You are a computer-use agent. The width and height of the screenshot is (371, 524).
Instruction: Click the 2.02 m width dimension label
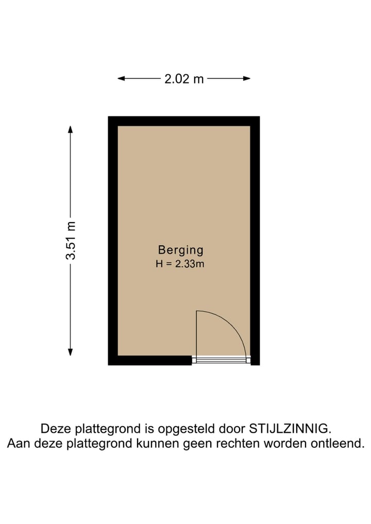click(184, 79)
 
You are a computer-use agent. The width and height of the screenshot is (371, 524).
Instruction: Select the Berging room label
click(180, 250)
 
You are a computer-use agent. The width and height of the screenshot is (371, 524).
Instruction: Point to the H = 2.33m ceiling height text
click(180, 264)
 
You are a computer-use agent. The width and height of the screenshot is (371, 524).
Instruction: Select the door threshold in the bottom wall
click(221, 360)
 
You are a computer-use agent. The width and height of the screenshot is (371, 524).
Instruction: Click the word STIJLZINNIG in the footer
click(290, 428)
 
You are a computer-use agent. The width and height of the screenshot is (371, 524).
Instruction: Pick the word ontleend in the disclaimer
click(339, 443)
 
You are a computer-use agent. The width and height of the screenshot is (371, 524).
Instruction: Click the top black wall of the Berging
click(183, 121)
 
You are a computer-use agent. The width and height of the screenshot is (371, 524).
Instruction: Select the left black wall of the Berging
click(113, 241)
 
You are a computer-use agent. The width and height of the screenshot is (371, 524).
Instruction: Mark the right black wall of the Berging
click(255, 241)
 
